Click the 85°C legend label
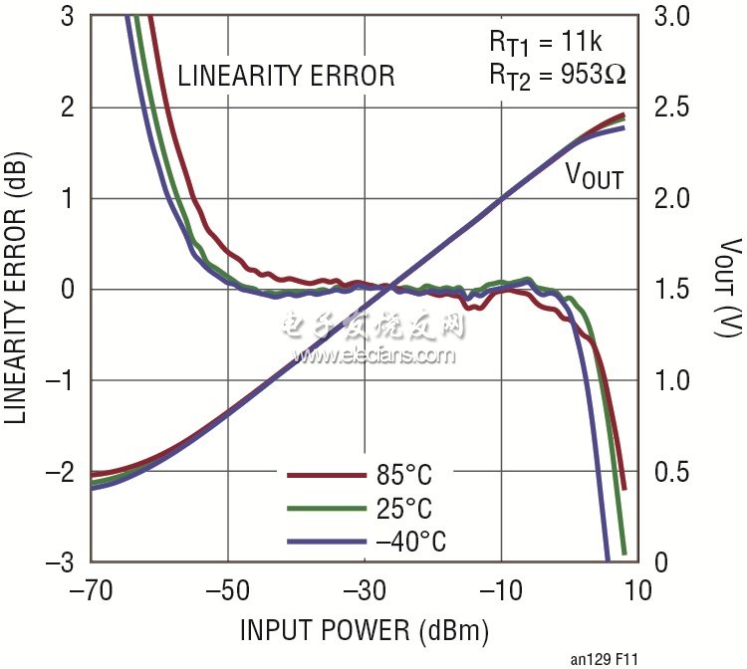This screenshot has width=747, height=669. tap(404, 475)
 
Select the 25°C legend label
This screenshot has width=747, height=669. tap(404, 509)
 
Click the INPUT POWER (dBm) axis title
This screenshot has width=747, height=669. tap(364, 630)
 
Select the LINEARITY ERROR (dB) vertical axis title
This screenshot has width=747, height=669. tap(21, 289)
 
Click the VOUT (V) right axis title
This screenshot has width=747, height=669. tap(725, 289)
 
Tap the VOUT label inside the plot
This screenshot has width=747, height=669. tap(594, 177)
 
